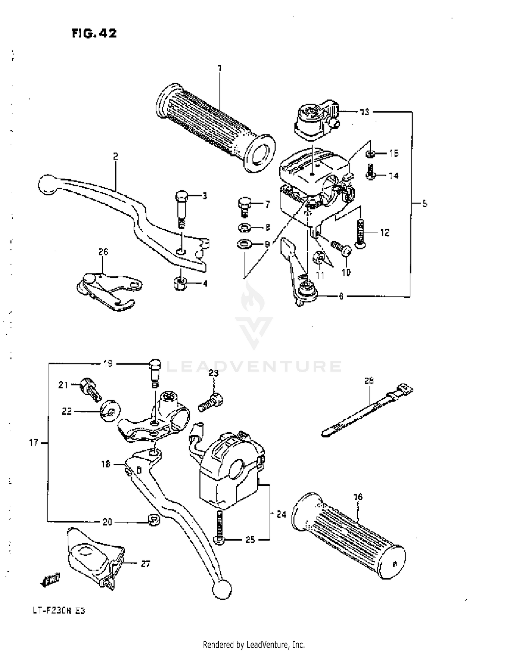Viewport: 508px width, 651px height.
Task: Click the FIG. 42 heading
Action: (94, 33)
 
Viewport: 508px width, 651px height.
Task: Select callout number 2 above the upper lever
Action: (115, 156)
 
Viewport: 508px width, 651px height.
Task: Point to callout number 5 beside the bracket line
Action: (425, 203)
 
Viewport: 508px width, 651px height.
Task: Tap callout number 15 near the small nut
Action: (394, 153)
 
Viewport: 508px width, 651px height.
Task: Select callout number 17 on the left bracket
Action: (34, 442)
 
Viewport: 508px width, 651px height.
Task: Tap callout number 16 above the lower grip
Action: (358, 497)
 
